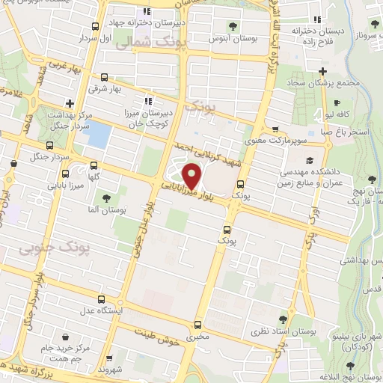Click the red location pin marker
[x=192, y=176]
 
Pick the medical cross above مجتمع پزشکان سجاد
[x=321, y=72]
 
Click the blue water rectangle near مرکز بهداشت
[x=99, y=135]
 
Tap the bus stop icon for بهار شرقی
[x=103, y=77]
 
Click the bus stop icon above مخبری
[x=197, y=324]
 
